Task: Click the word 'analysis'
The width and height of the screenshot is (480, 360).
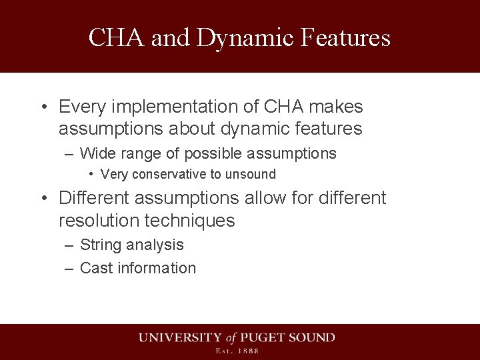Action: coord(154,245)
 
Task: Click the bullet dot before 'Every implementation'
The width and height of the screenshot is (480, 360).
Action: coord(43,107)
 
